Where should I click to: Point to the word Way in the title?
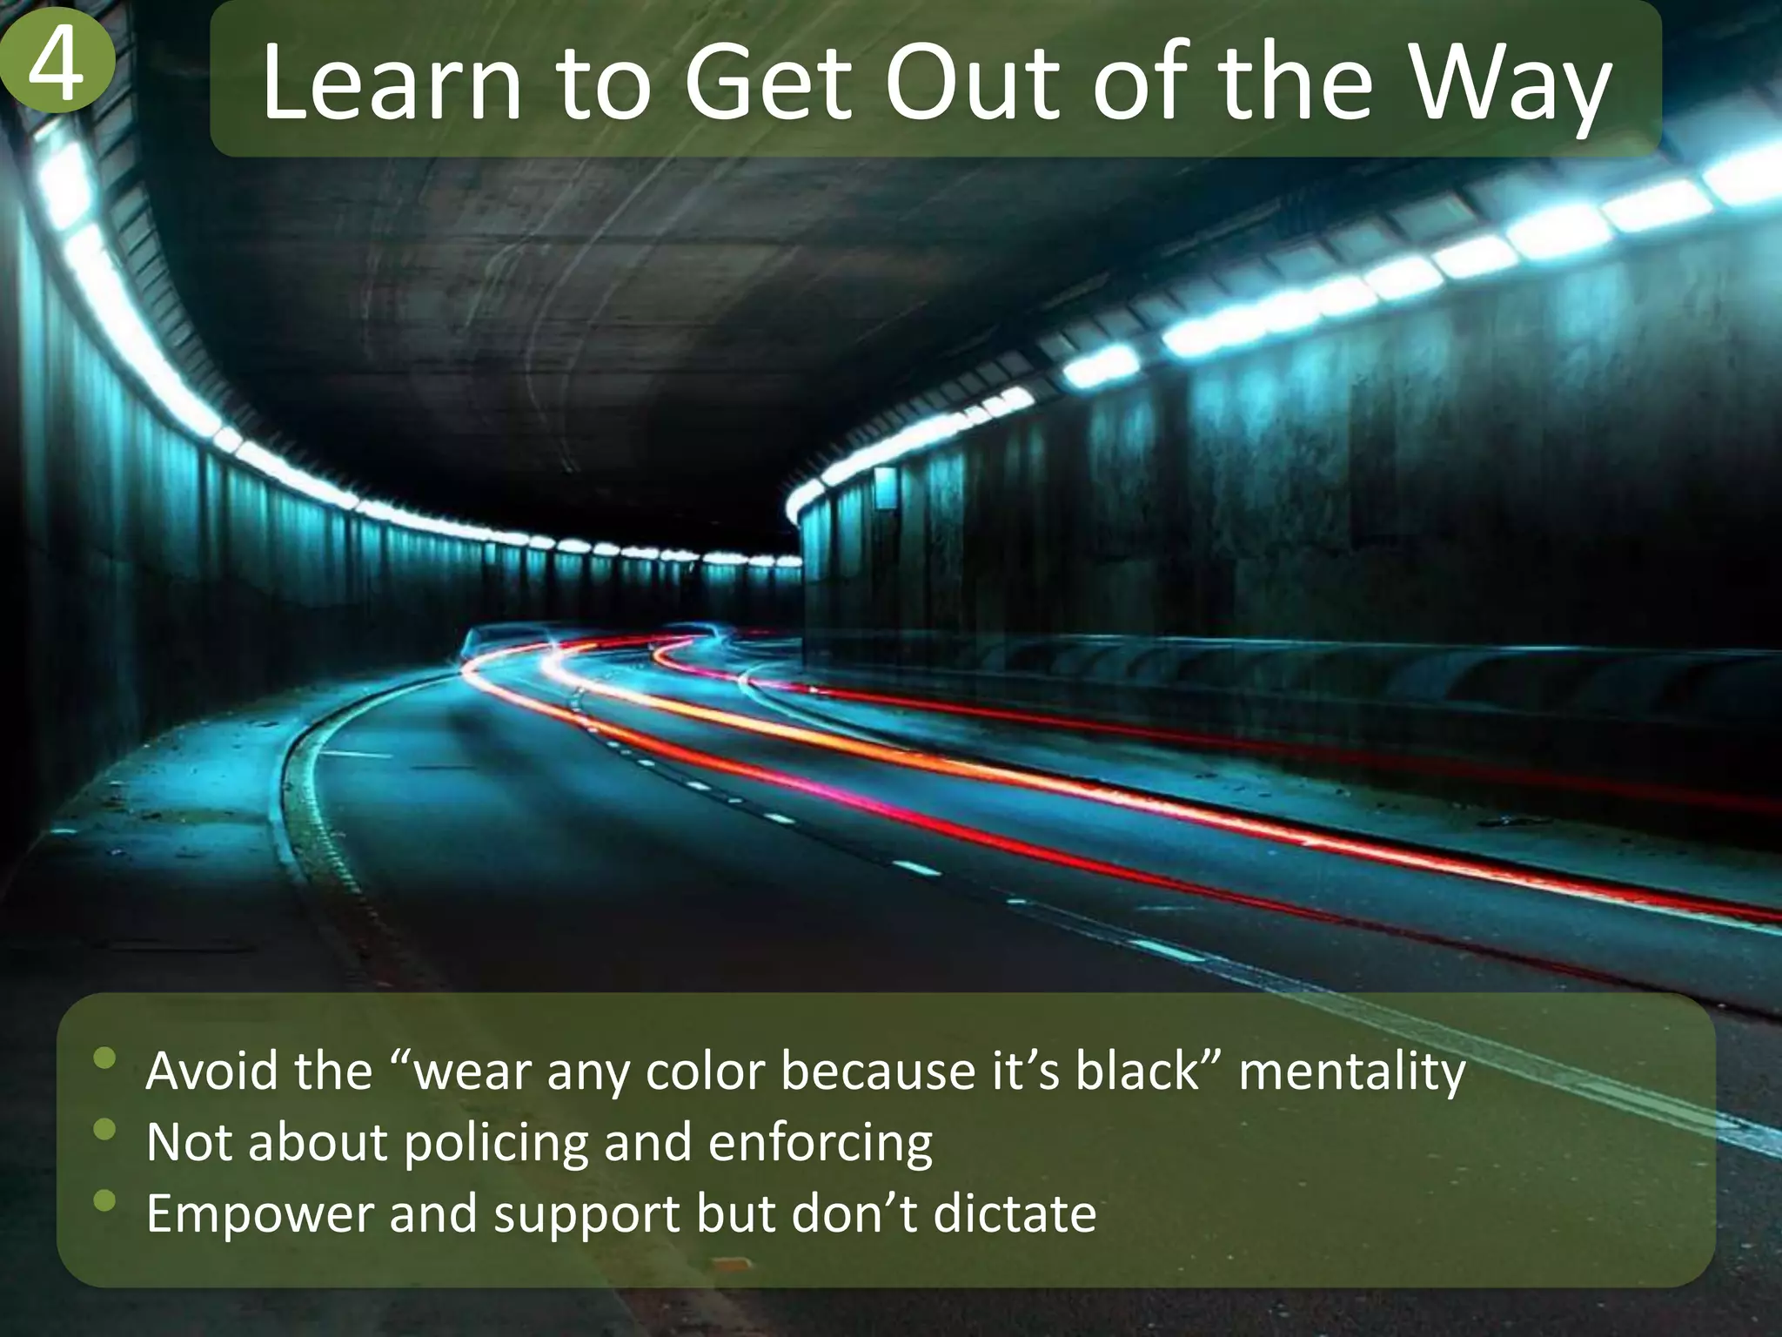point(1512,85)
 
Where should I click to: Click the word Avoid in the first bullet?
point(211,1071)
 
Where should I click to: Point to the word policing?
point(496,1144)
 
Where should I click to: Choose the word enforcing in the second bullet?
point(820,1144)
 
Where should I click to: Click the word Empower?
point(259,1215)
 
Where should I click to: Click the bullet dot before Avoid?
point(105,1058)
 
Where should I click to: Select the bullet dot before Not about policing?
point(105,1130)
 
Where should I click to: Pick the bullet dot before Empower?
point(105,1201)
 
